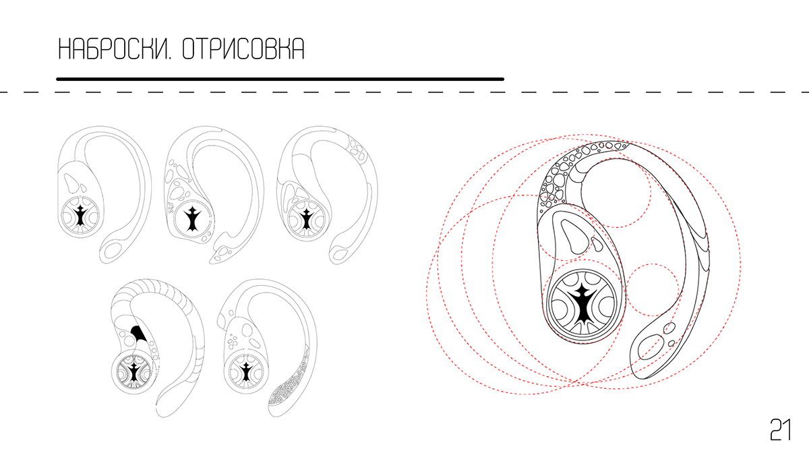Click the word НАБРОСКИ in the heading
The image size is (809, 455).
click(115, 49)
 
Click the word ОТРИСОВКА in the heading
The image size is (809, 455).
click(243, 49)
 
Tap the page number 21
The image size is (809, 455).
click(781, 430)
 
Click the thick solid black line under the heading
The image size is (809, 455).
click(280, 79)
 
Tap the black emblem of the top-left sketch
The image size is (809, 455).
click(80, 216)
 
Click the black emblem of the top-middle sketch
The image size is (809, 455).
click(193, 219)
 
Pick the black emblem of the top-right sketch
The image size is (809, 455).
click(306, 219)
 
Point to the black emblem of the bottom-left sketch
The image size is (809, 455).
click(134, 373)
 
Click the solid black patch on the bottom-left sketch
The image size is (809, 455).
click(138, 332)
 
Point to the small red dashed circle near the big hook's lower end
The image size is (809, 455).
click(653, 290)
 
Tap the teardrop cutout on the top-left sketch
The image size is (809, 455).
click(71, 183)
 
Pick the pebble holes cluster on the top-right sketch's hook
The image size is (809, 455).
click(357, 149)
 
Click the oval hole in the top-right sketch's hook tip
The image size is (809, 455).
click(340, 254)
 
